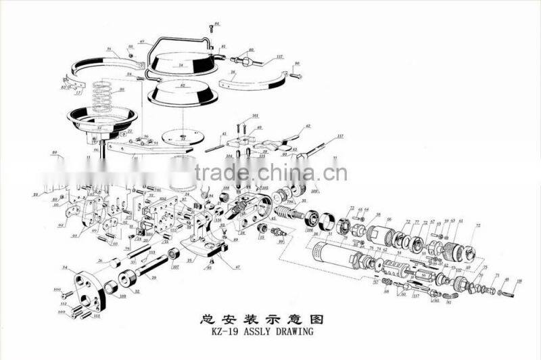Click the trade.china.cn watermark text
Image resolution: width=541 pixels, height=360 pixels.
click(270, 174)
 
